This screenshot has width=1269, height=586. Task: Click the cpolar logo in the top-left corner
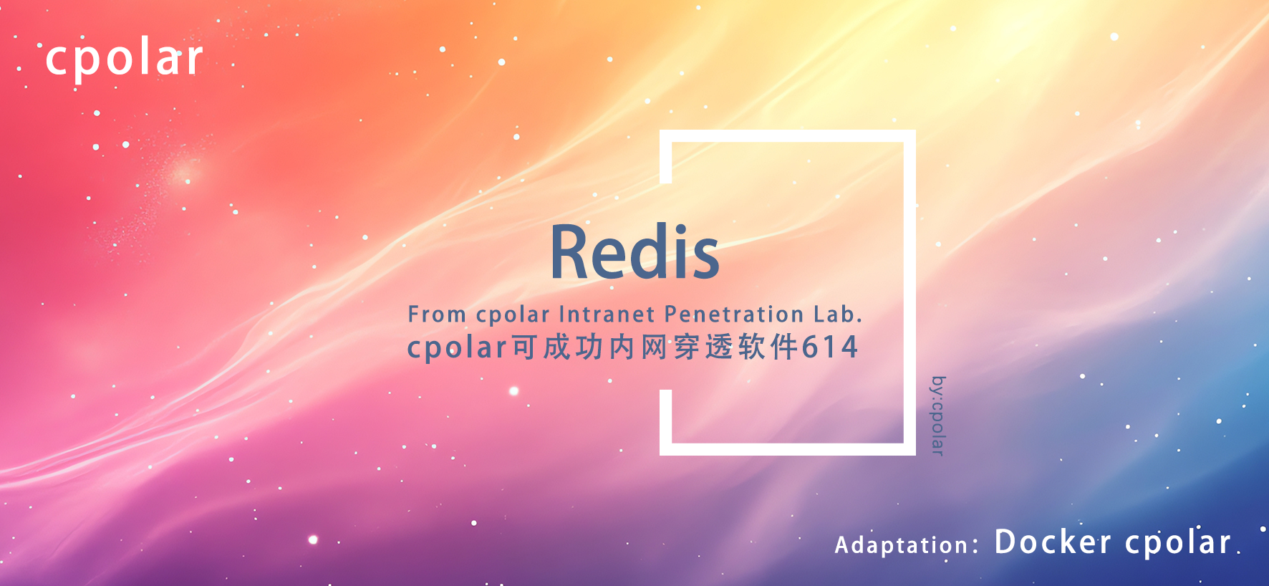click(125, 59)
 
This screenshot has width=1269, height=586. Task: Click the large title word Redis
click(634, 252)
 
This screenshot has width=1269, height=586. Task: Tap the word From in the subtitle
click(437, 314)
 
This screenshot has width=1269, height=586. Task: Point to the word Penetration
click(734, 314)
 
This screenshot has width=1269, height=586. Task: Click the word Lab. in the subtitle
click(838, 314)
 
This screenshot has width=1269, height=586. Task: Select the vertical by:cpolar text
click(938, 416)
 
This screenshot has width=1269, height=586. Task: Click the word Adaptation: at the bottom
click(907, 545)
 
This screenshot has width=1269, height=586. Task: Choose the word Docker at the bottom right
click(1053, 542)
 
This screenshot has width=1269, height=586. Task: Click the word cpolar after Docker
click(1178, 544)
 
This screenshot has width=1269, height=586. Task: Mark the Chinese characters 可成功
click(558, 347)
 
